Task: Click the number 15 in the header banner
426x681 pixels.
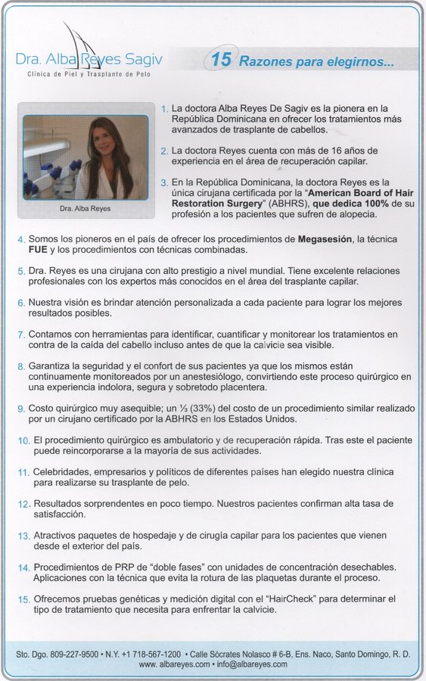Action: click(x=224, y=62)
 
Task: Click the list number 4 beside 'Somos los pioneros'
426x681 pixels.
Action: click(x=21, y=240)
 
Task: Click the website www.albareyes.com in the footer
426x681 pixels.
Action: click(x=174, y=664)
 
